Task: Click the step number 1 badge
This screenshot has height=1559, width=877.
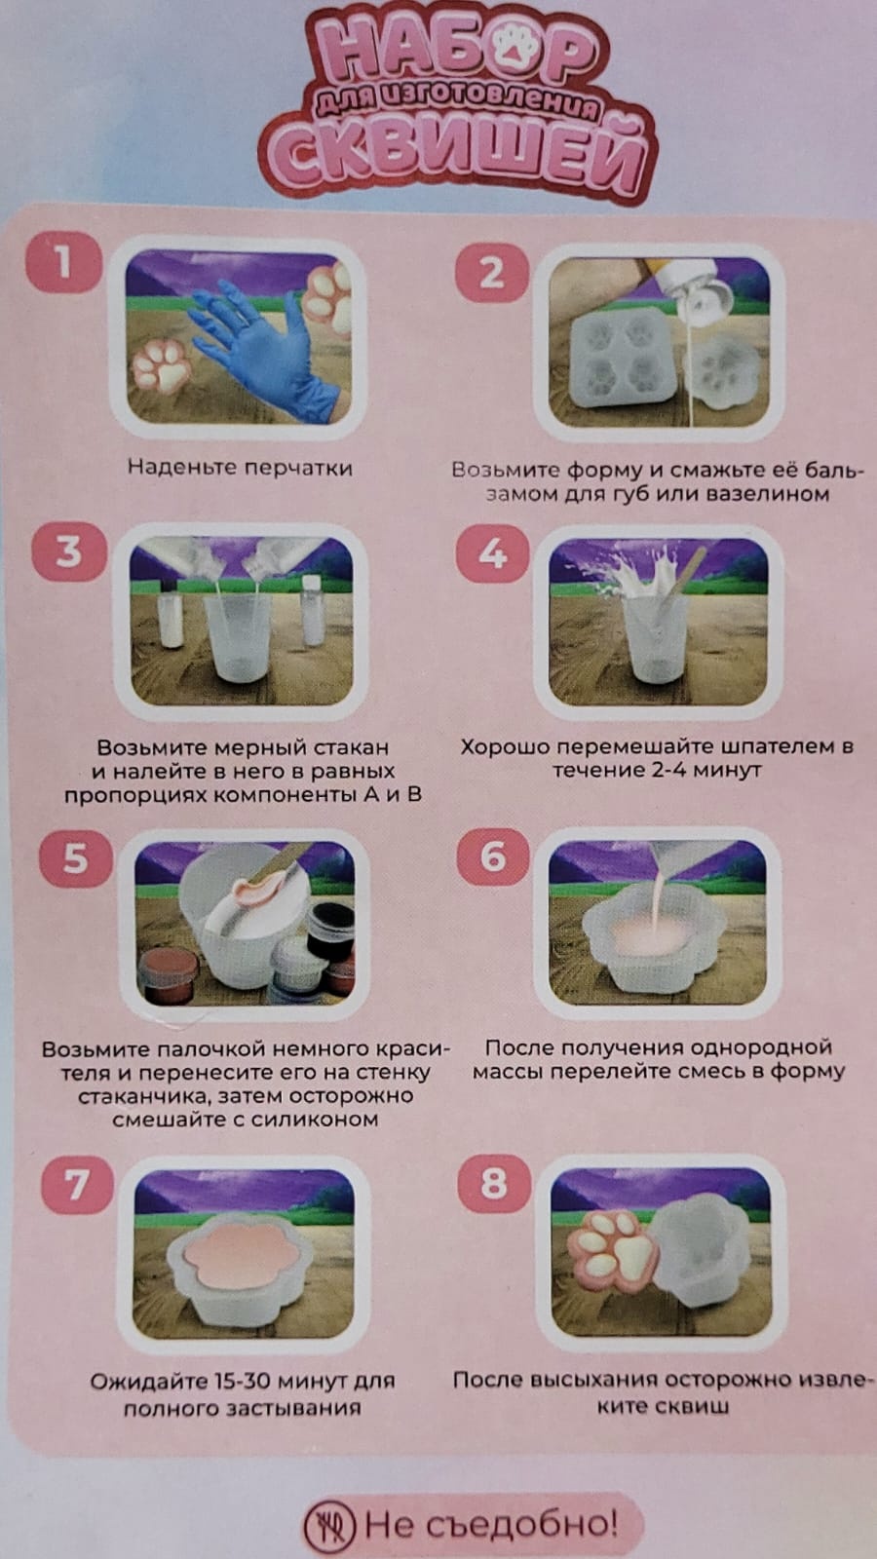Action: [x=63, y=262]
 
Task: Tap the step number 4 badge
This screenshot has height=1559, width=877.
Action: [x=493, y=552]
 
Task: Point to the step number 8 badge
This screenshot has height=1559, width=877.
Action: [x=494, y=1184]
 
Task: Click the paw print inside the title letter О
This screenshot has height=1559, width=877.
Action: [x=515, y=47]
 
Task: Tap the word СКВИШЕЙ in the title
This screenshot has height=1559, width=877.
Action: [x=457, y=158]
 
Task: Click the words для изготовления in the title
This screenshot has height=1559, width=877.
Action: [x=457, y=102]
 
